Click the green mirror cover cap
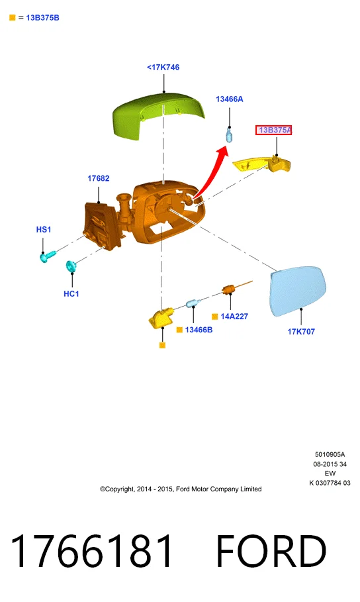click(x=157, y=113)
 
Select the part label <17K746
click(x=163, y=67)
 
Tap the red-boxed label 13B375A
click(x=274, y=130)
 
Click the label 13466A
click(x=230, y=99)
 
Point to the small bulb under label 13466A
click(x=229, y=135)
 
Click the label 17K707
click(x=301, y=331)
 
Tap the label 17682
click(x=98, y=178)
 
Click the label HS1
click(x=44, y=229)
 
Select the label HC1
click(x=71, y=293)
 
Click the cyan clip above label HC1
click(x=71, y=266)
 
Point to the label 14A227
click(x=234, y=317)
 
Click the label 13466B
click(x=199, y=330)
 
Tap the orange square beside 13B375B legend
click(x=13, y=18)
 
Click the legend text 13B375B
click(x=42, y=18)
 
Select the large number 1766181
click(x=91, y=550)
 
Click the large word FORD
click(x=271, y=550)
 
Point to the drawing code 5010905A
click(x=330, y=454)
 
